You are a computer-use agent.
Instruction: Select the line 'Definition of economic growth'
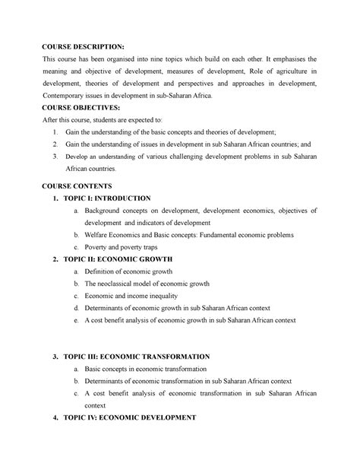[x=134, y=271]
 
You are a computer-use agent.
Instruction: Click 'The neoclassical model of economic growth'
[x=157, y=284]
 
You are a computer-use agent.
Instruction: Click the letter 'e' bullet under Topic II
[x=77, y=321]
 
